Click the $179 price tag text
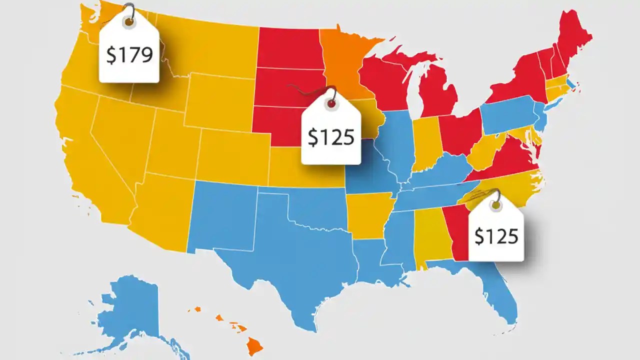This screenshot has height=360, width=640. (x=129, y=55)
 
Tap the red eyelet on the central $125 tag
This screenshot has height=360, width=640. (x=330, y=104)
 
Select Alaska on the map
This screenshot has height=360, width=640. (x=130, y=310)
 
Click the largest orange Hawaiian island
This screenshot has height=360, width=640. (x=255, y=344)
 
